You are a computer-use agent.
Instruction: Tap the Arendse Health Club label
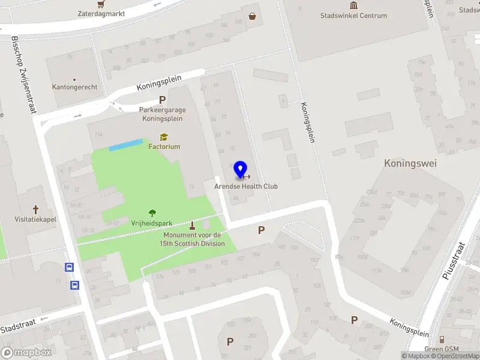pos(246,187)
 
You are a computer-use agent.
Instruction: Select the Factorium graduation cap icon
pos(163,137)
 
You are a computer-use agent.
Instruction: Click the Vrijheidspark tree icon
pos(152,213)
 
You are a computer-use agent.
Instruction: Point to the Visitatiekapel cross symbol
pos(35,209)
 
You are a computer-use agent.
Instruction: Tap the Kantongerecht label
pos(74,87)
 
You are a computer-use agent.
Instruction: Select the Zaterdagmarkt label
pos(101,13)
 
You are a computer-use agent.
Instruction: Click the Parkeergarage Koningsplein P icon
pos(162,100)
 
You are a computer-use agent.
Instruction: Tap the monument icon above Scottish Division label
pos(192,226)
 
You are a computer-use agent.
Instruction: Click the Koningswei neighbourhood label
pos(410,163)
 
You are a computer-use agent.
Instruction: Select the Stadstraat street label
pos(17,328)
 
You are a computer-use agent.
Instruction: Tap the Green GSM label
pos(442,349)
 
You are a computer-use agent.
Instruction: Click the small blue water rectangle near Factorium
pos(125,145)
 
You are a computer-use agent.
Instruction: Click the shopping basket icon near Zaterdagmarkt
pos(253,16)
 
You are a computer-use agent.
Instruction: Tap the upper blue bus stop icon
pos(70,268)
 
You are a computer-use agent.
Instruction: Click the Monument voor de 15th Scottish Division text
pos(192,239)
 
